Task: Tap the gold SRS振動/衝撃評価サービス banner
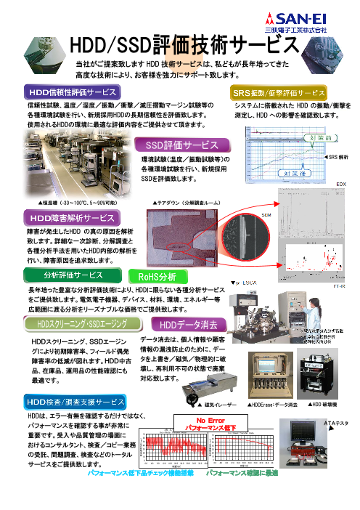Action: click(x=279, y=94)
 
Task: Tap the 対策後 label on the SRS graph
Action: click(x=278, y=174)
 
